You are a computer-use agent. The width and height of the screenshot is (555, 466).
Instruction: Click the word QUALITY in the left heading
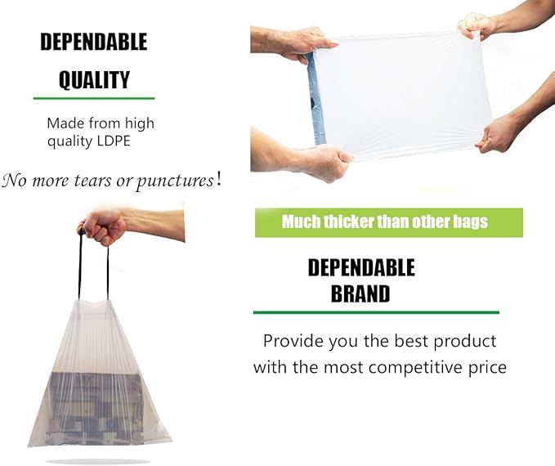click(x=94, y=79)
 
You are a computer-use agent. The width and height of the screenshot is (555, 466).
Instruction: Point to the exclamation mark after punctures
click(x=218, y=178)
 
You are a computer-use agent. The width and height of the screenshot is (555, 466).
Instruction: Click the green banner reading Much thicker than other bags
click(x=388, y=222)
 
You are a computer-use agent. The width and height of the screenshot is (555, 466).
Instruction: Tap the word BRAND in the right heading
click(x=360, y=293)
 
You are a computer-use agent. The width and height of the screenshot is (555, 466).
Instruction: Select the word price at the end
click(x=486, y=367)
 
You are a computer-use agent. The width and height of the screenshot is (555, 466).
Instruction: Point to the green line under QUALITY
click(x=93, y=98)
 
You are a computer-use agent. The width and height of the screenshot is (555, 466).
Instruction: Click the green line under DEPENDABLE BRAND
click(x=376, y=312)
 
